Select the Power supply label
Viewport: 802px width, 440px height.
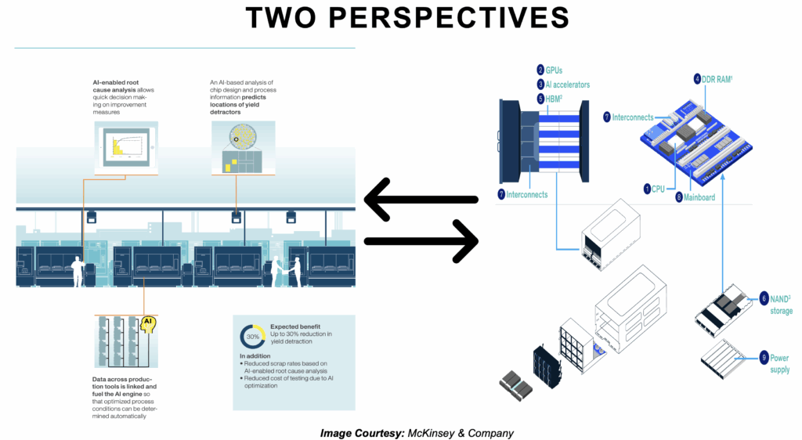[779, 363]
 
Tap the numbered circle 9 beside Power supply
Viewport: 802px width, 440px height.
[764, 359]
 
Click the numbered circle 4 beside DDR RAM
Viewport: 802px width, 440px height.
[697, 79]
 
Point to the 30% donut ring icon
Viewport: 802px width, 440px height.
[252, 337]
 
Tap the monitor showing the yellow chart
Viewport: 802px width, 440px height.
[125, 148]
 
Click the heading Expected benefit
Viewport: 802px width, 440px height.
[297, 326]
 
